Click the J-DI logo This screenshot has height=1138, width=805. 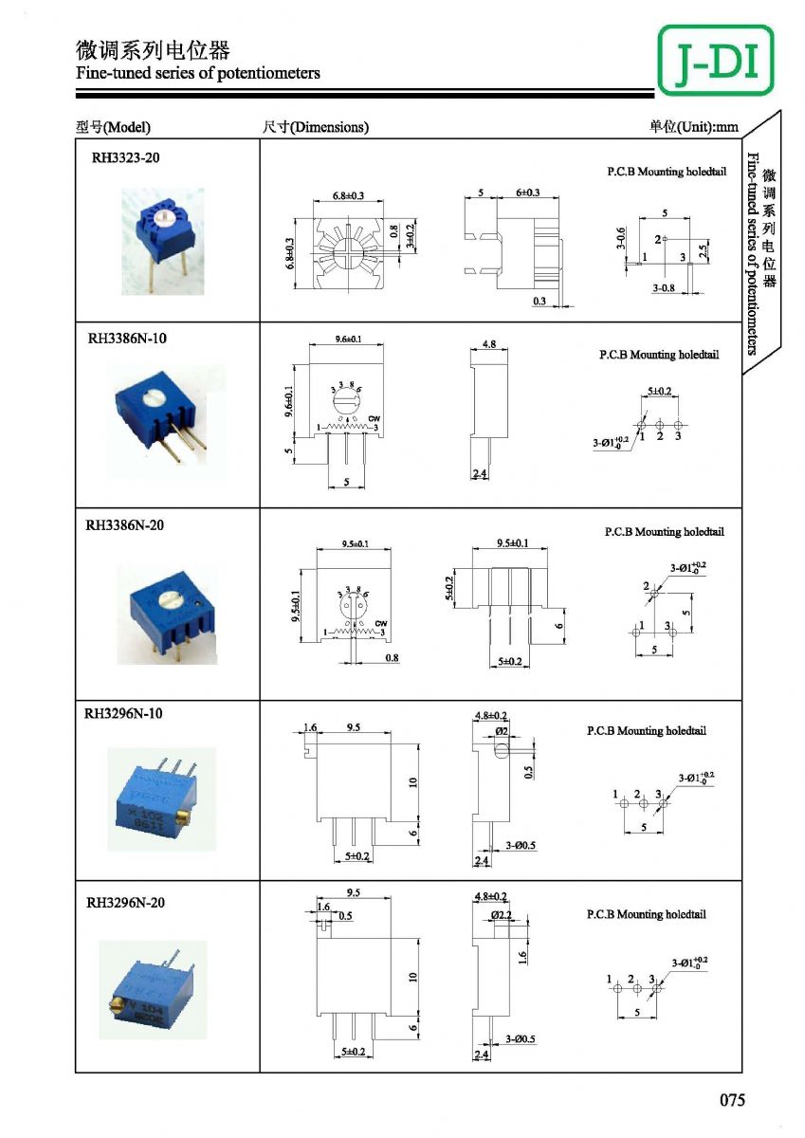point(715,60)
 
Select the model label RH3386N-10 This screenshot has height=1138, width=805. point(127,338)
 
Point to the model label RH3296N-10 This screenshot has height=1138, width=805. point(124,713)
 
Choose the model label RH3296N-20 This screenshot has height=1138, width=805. point(125,902)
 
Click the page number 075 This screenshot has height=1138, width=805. point(732,1100)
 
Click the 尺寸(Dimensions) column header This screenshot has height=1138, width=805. point(315,127)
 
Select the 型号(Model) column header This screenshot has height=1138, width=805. point(114,127)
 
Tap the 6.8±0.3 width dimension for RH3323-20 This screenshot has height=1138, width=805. point(349,195)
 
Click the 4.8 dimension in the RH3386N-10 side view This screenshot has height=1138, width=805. point(489,343)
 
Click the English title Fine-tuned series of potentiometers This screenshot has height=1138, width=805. point(198,73)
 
